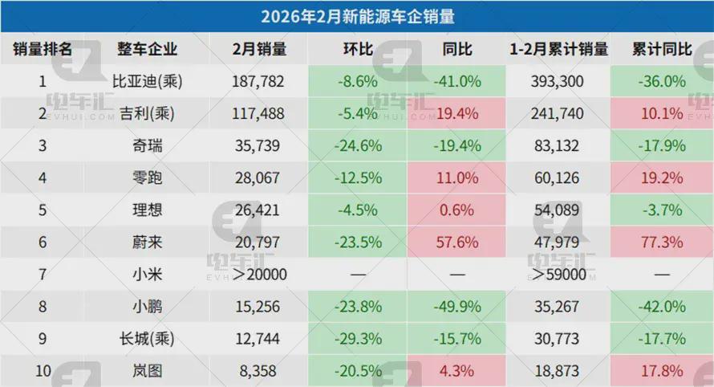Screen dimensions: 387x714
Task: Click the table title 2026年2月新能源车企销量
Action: tap(357, 15)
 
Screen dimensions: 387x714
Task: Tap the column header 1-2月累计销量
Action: tap(558, 49)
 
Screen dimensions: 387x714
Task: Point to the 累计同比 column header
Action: tap(662, 49)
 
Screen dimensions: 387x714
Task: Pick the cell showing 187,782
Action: tap(258, 81)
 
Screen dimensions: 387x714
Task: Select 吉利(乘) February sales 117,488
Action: tap(258, 114)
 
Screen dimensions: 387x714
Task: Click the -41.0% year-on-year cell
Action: tap(456, 81)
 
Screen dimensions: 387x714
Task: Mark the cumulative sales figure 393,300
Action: tap(558, 81)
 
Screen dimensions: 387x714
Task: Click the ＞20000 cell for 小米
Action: tap(258, 275)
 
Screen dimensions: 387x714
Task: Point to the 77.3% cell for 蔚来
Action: tap(662, 242)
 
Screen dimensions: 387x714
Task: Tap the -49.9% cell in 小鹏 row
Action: tap(456, 307)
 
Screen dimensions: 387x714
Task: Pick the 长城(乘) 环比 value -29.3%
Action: tap(357, 339)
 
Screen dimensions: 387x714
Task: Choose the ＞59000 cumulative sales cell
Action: tap(558, 275)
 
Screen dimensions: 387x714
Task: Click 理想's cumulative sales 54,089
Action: tap(558, 210)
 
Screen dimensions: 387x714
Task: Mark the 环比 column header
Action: tap(357, 49)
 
